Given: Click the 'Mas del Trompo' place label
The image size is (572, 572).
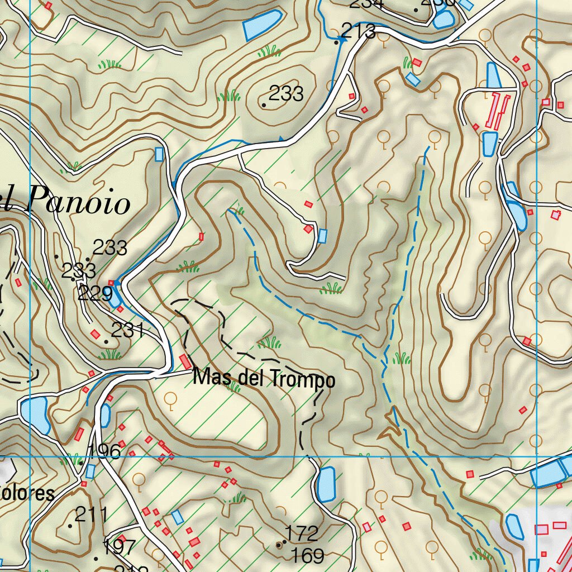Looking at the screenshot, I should click(x=264, y=380).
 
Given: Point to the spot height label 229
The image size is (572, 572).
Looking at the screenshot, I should click(x=95, y=293).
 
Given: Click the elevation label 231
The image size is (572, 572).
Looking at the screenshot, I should click(x=128, y=330).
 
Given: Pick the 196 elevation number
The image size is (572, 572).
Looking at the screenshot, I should click(x=104, y=451).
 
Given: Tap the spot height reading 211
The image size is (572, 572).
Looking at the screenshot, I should click(x=90, y=514).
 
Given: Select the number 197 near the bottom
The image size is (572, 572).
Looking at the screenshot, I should click(x=119, y=547).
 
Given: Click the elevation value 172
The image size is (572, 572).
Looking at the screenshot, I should click(x=302, y=533).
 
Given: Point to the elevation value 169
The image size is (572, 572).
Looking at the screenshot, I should click(x=308, y=556).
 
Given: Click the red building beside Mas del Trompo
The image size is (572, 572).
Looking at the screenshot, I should click(x=185, y=361).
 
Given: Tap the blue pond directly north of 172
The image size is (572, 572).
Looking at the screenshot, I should click(x=326, y=483).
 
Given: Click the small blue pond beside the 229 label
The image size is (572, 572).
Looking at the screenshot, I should click(x=115, y=299).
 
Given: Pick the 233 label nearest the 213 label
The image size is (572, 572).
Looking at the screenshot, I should click(x=285, y=93).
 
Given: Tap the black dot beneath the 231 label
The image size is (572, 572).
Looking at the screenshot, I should click(x=106, y=341).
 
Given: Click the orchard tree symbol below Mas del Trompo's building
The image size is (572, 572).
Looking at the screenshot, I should click(x=171, y=398).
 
